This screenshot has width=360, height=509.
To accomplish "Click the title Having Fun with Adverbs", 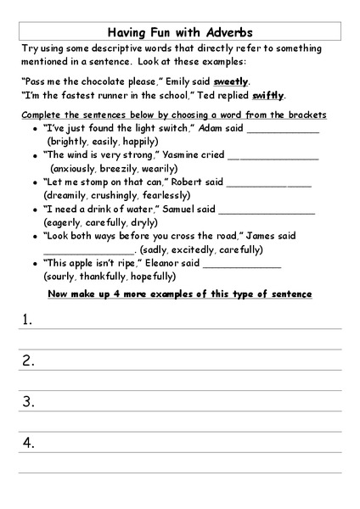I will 179,31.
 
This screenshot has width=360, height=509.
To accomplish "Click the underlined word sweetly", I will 231,81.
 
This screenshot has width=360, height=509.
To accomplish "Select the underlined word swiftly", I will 268,96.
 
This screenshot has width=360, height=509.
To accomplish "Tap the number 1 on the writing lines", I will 28,320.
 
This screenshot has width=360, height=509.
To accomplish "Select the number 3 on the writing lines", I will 28,401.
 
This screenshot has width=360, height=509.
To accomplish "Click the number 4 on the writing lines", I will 28,442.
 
